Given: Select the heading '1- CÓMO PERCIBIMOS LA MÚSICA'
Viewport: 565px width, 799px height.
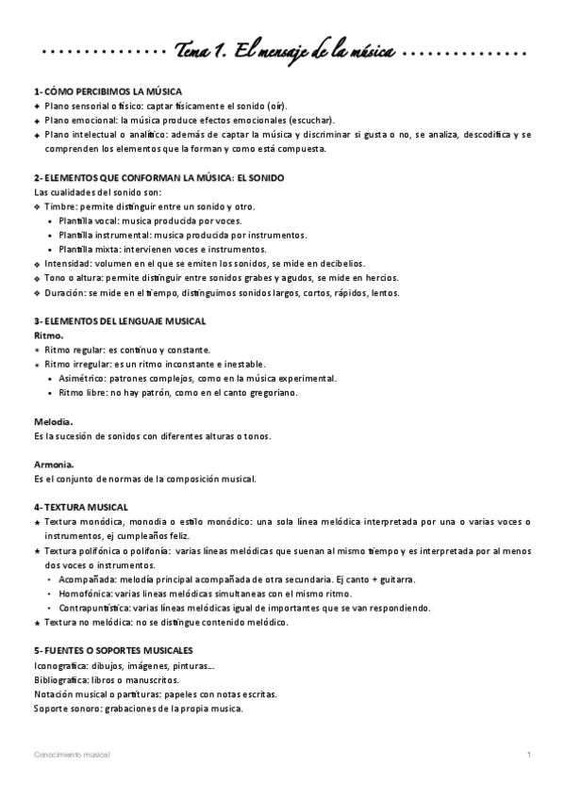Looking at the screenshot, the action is tap(100, 91).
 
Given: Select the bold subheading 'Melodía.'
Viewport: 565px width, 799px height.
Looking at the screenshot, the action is tap(54, 422).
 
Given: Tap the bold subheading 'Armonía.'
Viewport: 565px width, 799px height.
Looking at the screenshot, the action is tap(54, 465).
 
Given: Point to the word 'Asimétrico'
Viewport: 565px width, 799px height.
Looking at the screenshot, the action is tap(82, 379).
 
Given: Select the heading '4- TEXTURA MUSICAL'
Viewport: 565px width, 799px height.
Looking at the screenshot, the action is tap(80, 507).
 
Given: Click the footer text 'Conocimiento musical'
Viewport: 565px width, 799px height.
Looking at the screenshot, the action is tap(72, 756).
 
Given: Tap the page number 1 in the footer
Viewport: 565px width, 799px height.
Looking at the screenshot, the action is tap(529, 756).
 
